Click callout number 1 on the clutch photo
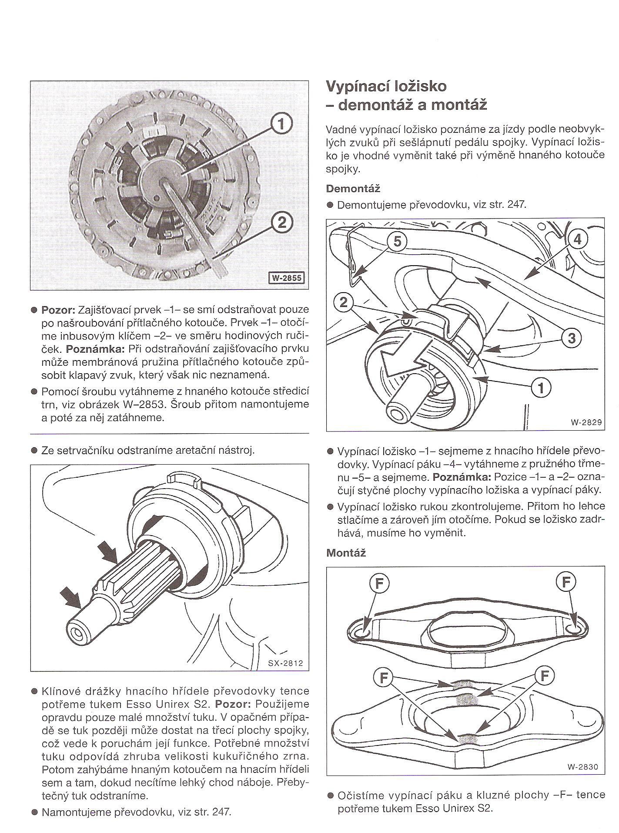(x=281, y=125)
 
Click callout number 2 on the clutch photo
(x=281, y=223)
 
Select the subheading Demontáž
(x=353, y=189)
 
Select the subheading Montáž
(x=346, y=553)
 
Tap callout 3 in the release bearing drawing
(x=571, y=338)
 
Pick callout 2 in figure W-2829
(x=344, y=302)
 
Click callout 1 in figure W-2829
(x=541, y=387)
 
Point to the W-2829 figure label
(x=586, y=422)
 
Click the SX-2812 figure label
(x=285, y=664)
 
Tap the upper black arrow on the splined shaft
(x=107, y=552)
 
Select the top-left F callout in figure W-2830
(x=379, y=583)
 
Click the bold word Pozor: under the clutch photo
(x=58, y=310)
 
